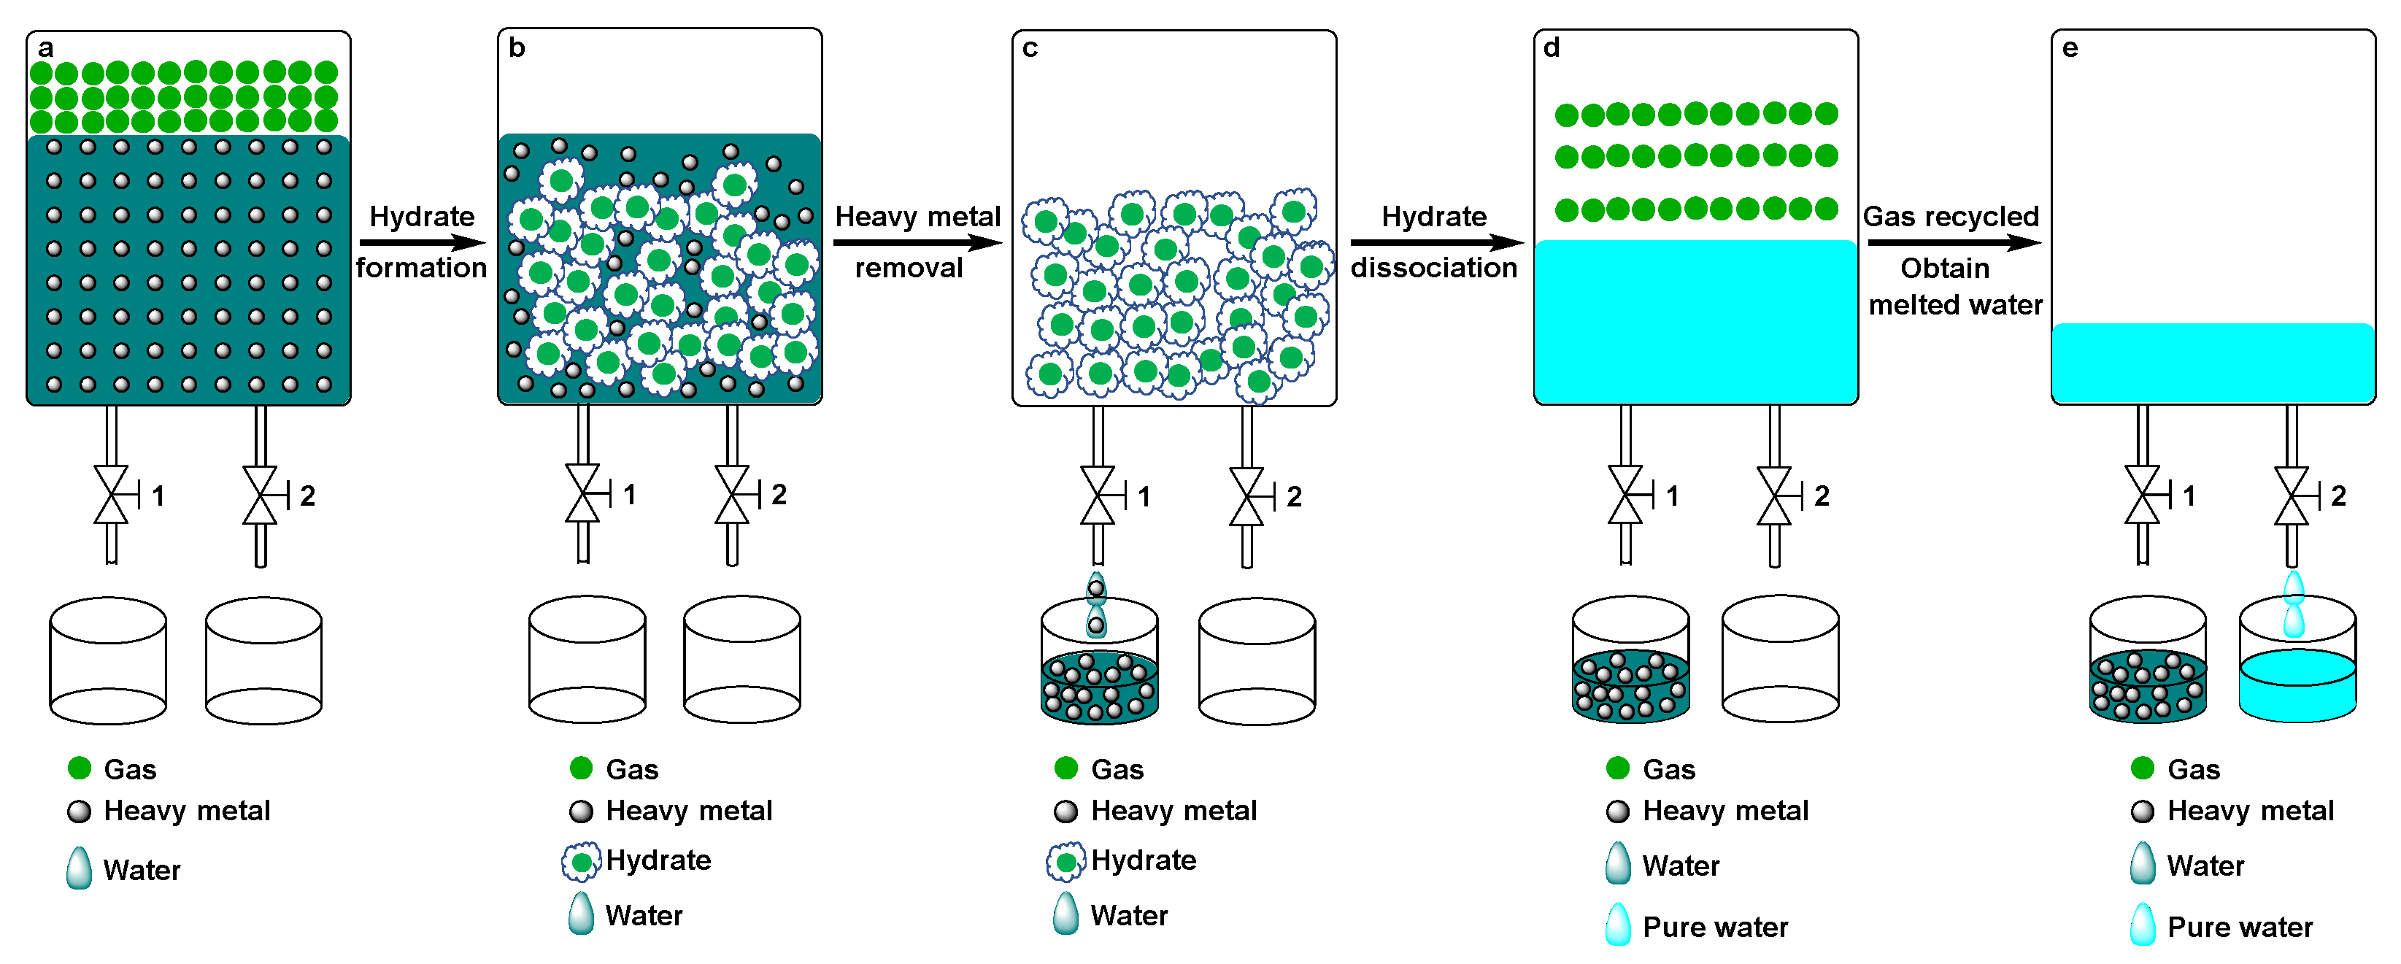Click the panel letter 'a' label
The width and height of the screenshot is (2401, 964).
(45, 48)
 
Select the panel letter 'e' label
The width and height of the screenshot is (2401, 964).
(2070, 48)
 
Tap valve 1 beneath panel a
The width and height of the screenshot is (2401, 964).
(112, 495)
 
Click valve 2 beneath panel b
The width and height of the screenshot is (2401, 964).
(733, 494)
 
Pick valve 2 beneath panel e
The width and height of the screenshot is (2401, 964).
(2292, 495)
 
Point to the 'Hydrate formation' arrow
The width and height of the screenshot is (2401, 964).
(423, 243)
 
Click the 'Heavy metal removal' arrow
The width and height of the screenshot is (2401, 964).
(917, 243)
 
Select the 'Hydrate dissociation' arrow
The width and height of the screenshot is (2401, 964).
(1435, 243)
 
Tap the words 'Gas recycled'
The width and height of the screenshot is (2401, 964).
(1951, 216)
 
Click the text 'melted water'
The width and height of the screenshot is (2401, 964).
(1956, 305)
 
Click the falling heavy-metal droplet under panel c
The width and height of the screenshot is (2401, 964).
(1097, 606)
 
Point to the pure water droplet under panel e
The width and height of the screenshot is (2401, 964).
(2294, 605)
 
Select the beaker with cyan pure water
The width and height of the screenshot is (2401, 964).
(2297, 662)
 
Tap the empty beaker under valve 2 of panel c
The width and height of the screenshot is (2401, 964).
(1257, 662)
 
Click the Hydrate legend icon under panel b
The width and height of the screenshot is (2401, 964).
(582, 861)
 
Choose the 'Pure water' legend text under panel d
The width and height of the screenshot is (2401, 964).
(1715, 928)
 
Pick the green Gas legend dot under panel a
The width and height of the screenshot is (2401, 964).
(80, 768)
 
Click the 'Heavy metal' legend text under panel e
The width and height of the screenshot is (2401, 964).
(2250, 811)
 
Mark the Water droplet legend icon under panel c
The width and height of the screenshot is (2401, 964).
(1065, 914)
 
